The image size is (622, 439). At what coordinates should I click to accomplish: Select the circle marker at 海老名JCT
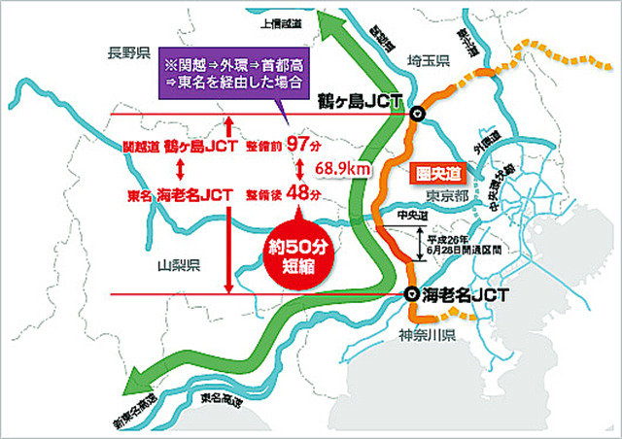click(412, 293)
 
